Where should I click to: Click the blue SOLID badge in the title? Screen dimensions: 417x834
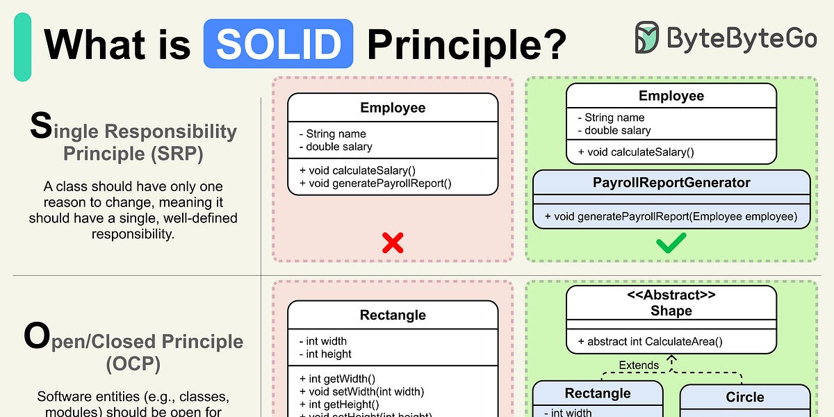pos(278,44)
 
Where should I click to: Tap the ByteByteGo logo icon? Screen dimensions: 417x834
pos(647,38)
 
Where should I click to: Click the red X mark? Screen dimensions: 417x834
pos(393,242)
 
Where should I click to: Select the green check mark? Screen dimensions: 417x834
pos(671,242)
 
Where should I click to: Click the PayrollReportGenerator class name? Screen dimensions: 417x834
pos(671,183)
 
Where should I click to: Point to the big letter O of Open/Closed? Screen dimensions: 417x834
pos(37,336)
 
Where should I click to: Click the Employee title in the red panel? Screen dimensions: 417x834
pos(393,108)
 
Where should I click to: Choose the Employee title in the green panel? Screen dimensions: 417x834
pos(671,96)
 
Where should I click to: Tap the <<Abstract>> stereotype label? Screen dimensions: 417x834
pos(671,295)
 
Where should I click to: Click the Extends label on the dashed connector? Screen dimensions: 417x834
pos(639,365)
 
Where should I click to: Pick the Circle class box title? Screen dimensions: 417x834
pos(744,398)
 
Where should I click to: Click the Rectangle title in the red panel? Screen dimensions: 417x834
pos(393,315)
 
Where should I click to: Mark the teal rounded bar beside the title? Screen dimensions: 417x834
pos(22,47)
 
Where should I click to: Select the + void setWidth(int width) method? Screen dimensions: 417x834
pos(361,391)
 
